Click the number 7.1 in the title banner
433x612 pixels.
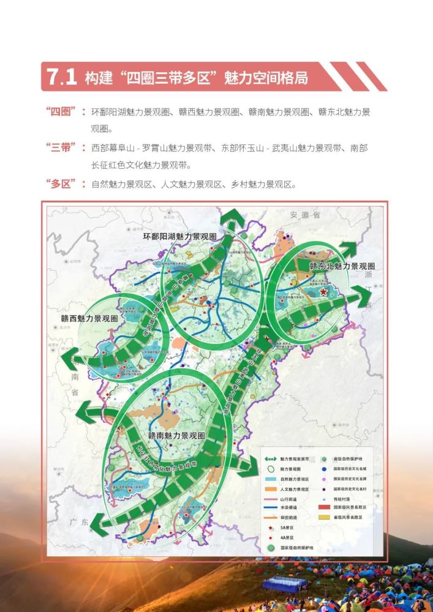pos(62,77)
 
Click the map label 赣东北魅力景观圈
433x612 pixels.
pos(342,266)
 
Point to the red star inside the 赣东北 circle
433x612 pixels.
pos(323,293)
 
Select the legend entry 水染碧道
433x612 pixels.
pos(288,507)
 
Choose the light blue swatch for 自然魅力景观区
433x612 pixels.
pos(270,479)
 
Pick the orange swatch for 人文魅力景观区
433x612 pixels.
pos(270,488)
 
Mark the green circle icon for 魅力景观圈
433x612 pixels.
pos(270,468)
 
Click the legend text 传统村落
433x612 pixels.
pos(343,498)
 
